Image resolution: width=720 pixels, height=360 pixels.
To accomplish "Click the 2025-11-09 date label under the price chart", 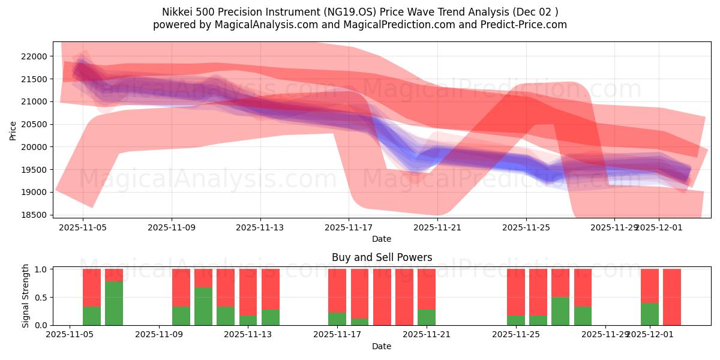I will [172, 227].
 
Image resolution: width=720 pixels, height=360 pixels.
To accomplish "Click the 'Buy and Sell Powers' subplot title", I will [382, 257].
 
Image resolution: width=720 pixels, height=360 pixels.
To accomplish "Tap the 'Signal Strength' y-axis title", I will [25, 296].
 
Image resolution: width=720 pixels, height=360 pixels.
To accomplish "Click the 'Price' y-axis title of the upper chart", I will [13, 130].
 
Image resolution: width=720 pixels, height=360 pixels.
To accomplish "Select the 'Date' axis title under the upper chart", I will [382, 239].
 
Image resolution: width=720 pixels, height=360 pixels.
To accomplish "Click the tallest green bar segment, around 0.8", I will [114, 304].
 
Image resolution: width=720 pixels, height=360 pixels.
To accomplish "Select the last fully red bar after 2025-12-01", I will [672, 297].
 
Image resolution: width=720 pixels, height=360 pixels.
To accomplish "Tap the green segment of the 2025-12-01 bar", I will [650, 314].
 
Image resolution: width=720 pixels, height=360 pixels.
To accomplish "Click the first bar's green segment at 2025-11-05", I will [92, 316].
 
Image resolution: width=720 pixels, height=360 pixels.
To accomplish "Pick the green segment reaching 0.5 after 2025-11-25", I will [560, 311].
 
